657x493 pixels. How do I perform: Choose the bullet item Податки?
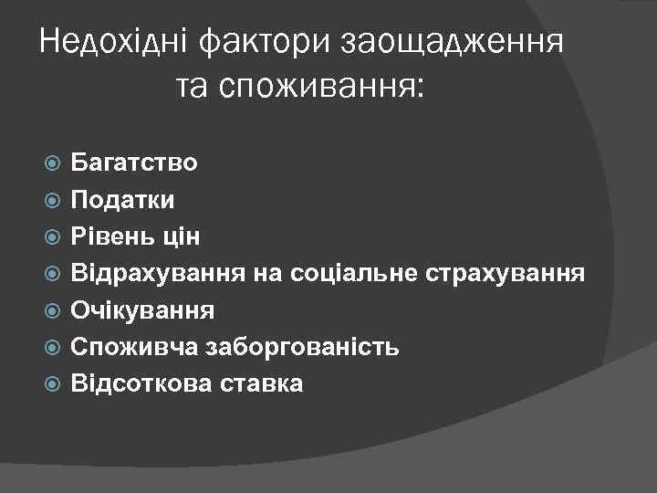pyautogui.click(x=123, y=199)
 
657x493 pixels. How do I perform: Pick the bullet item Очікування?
pyautogui.click(x=143, y=309)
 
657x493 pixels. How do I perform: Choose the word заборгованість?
pyautogui.click(x=304, y=346)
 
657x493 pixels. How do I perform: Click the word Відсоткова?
pyautogui.click(x=143, y=383)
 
